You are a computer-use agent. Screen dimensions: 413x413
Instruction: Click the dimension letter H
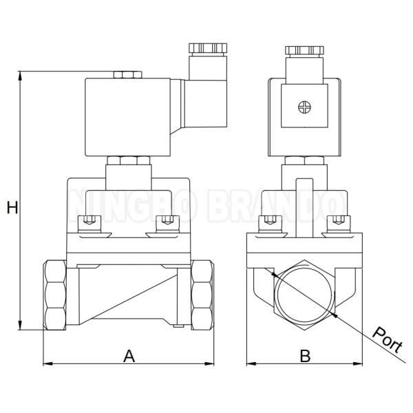coord(12,206)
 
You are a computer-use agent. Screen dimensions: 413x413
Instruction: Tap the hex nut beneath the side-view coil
coord(128,160)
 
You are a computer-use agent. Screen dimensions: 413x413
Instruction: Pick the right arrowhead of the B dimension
coord(359,363)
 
